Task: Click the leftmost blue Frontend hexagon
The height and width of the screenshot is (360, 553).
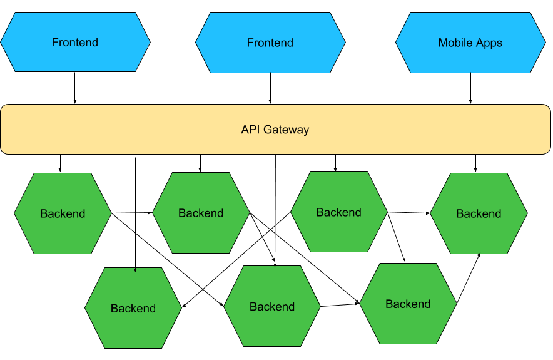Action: (75, 43)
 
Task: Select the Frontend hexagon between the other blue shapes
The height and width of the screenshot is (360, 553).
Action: (270, 43)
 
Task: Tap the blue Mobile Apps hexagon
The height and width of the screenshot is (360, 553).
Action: (470, 43)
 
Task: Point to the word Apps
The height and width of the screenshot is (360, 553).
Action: (489, 43)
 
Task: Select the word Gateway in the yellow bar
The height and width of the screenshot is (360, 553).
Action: (287, 130)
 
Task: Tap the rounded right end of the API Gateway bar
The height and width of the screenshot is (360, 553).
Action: (545, 129)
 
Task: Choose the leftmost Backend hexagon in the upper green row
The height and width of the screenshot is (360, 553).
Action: (63, 213)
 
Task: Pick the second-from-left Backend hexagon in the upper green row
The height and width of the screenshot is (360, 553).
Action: (201, 213)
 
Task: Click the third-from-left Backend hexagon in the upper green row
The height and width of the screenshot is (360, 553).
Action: (339, 212)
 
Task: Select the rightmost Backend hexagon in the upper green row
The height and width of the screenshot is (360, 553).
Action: (479, 213)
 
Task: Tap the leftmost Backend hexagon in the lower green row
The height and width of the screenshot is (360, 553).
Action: (133, 308)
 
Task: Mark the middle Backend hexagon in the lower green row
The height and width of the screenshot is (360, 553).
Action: (272, 306)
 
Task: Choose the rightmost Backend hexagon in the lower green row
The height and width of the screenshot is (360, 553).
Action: (408, 304)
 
